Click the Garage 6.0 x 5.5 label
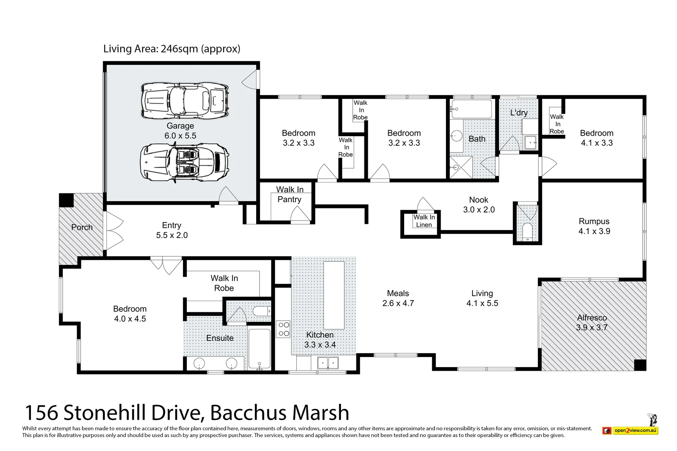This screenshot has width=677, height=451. pos(180,131)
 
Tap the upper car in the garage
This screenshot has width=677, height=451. pos(185,100)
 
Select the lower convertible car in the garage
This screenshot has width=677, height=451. pos(184,162)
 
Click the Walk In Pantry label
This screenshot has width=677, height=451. pos(289,195)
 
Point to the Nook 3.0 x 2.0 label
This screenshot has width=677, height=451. pos(478,205)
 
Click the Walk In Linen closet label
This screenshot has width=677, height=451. pos(424,221)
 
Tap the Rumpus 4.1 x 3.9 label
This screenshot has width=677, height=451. pos(594,226)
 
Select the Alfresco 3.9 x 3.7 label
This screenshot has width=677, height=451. pos(592,322)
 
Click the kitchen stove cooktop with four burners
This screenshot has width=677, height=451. pos(283,329)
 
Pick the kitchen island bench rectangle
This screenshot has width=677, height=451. pos(334,295)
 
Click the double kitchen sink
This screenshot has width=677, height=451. pos(328,363)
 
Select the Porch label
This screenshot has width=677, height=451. pos(81,227)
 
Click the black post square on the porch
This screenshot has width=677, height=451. pos(66,200)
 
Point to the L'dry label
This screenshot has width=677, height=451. pos(519,113)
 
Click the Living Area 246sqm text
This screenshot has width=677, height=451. pos(172,49)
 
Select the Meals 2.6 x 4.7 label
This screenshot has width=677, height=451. pos(398,298)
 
